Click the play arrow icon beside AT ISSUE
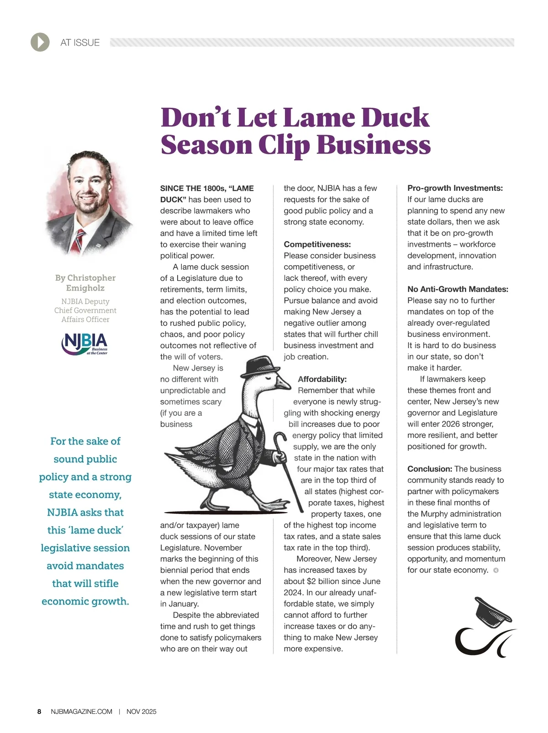(x=40, y=42)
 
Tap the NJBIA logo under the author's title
(x=84, y=344)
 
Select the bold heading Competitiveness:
(x=317, y=245)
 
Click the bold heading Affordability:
(x=322, y=379)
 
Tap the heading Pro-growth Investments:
(x=455, y=188)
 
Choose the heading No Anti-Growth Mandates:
(x=458, y=289)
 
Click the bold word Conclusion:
(x=429, y=469)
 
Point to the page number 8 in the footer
(x=39, y=712)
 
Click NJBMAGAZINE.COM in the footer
(x=82, y=712)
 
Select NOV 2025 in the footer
(x=141, y=712)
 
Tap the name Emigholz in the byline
(x=85, y=288)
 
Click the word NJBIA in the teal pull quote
(x=63, y=513)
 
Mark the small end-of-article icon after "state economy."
(x=496, y=570)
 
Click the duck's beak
(x=284, y=384)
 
